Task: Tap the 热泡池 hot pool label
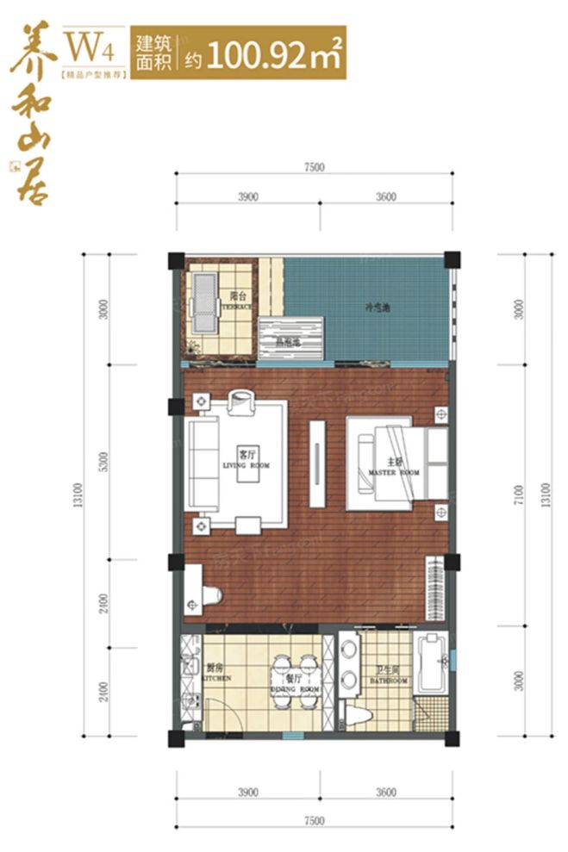click(289, 341)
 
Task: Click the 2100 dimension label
click(103, 689)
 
